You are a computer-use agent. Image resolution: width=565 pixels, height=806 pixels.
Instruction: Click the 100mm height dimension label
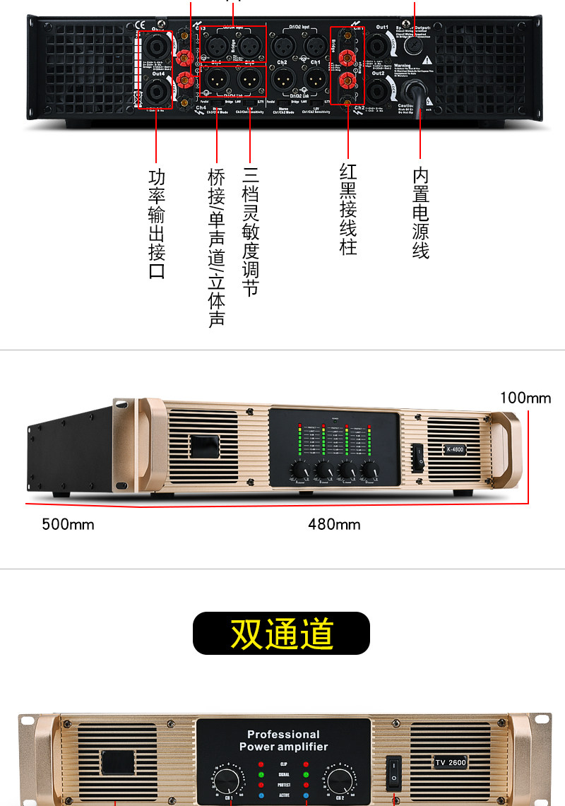point(525,398)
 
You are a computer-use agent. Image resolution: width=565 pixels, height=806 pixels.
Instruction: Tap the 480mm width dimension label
point(334,524)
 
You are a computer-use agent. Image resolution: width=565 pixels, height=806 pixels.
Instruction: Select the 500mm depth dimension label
point(68,524)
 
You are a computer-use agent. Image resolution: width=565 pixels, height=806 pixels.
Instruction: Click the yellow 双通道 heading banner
point(281,634)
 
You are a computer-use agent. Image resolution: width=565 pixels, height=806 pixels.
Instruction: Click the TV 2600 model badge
point(450,762)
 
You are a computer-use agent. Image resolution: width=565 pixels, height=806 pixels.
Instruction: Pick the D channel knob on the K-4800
point(369,470)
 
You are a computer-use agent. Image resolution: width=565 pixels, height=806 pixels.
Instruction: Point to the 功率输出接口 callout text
point(157,223)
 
